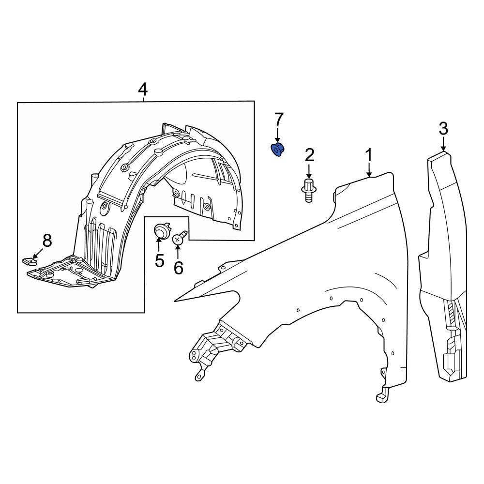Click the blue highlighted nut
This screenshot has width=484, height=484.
tap(277, 150)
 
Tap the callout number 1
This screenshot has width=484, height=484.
tap(369, 155)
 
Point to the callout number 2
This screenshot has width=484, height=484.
tap(309, 155)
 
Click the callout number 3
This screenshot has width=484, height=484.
tap(443, 129)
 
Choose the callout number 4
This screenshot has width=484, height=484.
tap(143, 89)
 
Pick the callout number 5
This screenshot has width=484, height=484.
tap(160, 260)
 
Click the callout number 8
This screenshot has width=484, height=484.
tap(47, 240)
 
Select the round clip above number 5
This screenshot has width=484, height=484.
tap(160, 232)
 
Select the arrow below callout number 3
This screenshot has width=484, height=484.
tap(443, 145)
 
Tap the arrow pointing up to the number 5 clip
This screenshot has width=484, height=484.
tap(160, 246)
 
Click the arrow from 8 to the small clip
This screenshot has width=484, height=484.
tap(38, 252)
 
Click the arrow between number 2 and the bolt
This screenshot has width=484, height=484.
tap(309, 171)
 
